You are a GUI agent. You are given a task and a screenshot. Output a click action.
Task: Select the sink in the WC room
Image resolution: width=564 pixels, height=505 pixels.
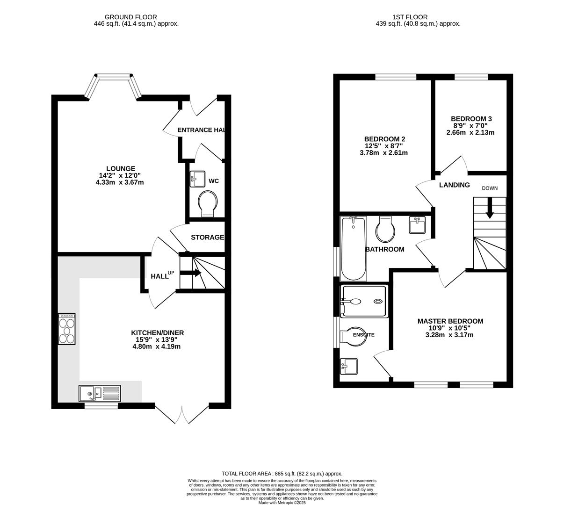point(198,179)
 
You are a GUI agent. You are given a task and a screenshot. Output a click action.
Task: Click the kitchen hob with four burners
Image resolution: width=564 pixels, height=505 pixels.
point(66,329)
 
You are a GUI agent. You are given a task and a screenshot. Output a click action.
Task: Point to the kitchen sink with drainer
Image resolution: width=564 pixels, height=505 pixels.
point(99,393)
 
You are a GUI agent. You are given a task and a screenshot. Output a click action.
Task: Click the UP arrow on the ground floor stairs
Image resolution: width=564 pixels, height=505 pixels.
point(191,273)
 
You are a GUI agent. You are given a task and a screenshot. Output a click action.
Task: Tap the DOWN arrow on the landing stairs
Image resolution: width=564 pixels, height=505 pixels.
point(490,208)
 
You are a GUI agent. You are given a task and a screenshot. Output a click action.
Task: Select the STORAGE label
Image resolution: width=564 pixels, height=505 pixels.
point(207,238)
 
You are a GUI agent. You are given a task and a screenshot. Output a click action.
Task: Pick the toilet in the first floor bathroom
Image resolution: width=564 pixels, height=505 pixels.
point(385,229)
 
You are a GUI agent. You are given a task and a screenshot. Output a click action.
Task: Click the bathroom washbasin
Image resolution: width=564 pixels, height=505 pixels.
point(417,225)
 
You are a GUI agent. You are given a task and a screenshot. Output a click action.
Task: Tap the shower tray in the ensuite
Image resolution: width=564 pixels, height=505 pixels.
point(364,302)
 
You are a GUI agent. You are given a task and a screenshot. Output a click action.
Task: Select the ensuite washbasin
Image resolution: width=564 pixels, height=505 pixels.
point(348,367)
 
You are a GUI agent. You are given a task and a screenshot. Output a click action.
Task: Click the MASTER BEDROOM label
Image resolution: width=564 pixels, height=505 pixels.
point(450,321)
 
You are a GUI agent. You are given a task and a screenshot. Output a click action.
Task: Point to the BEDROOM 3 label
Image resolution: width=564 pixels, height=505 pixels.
point(471,119)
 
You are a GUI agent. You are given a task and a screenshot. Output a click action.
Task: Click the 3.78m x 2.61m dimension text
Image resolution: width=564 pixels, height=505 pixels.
point(384,153)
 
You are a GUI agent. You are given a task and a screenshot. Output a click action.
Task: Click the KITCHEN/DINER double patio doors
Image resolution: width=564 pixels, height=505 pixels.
point(182,414)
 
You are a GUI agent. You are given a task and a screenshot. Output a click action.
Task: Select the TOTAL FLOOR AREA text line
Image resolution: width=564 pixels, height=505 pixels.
point(282,474)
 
